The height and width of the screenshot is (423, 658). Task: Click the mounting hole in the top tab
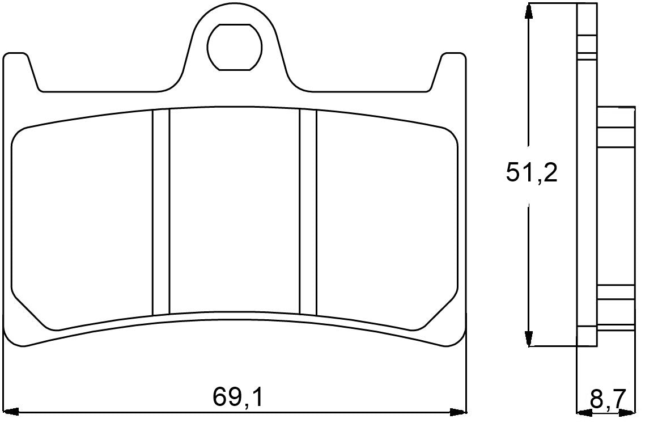pos(234,47)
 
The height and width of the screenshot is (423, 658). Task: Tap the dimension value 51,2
pos(531,174)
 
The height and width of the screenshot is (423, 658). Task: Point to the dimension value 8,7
pos(607,399)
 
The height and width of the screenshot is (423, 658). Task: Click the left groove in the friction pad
pos(161,212)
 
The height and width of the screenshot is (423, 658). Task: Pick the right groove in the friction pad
pos(308,212)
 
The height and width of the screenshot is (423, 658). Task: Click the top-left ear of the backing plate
pos(17,65)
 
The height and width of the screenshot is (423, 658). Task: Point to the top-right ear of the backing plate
pos(453,65)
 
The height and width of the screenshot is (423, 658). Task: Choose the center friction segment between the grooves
pos(234,210)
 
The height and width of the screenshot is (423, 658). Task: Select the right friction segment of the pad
pos(385,221)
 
